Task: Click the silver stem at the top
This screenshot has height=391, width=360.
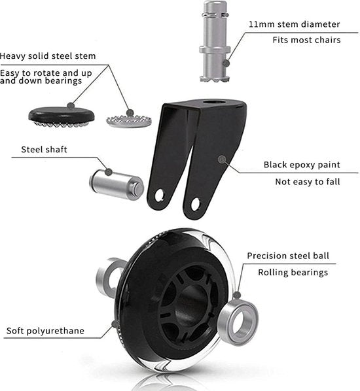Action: click(215, 41)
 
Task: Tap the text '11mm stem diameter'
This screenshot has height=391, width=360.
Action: click(294, 24)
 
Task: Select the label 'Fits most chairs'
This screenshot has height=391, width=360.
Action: click(306, 40)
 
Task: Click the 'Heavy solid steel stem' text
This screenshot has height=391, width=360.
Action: click(48, 56)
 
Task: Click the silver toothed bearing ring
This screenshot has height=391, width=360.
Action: click(129, 121)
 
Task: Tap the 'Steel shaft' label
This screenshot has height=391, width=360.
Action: click(44, 149)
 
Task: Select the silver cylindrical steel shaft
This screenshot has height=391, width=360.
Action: click(117, 184)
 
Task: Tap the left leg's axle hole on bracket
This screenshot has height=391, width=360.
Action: click(160, 195)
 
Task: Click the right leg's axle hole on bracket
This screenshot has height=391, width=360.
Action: click(195, 205)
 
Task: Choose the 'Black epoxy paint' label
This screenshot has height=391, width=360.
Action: click(302, 165)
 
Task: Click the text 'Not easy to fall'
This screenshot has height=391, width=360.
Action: click(308, 182)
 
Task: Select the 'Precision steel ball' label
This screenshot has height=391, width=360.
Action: click(288, 256)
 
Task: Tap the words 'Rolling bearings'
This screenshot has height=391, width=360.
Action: click(293, 273)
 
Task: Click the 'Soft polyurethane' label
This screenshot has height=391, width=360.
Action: click(45, 331)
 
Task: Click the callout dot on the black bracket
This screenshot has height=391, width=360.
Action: click(222, 160)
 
